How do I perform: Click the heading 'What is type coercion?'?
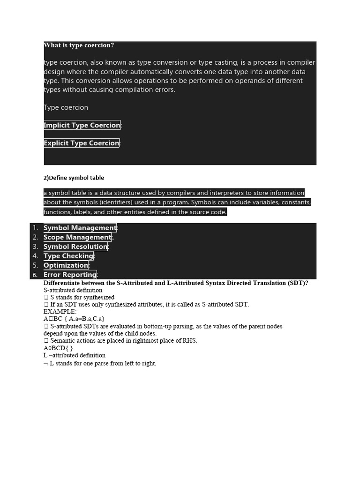coord(79,45)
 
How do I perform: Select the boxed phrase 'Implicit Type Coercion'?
coord(82,125)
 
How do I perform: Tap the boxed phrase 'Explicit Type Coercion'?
coord(82,143)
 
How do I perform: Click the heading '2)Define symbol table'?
coord(74,178)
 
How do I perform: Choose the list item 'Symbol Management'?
coord(80,228)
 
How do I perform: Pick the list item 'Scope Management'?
coord(77,237)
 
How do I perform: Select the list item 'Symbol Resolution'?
coord(75,247)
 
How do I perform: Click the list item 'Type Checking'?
coord(68,256)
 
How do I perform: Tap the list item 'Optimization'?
coord(66,265)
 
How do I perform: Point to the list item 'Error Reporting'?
coord(70,275)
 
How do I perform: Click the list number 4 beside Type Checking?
coord(35,256)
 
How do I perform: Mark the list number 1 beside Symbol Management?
coord(35,228)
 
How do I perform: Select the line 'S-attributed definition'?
coord(73,290)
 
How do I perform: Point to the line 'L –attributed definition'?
coord(75,355)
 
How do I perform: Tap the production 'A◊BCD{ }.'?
coord(59,348)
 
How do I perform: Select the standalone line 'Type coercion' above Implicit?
coord(66,107)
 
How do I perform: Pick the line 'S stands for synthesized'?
coord(82,297)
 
